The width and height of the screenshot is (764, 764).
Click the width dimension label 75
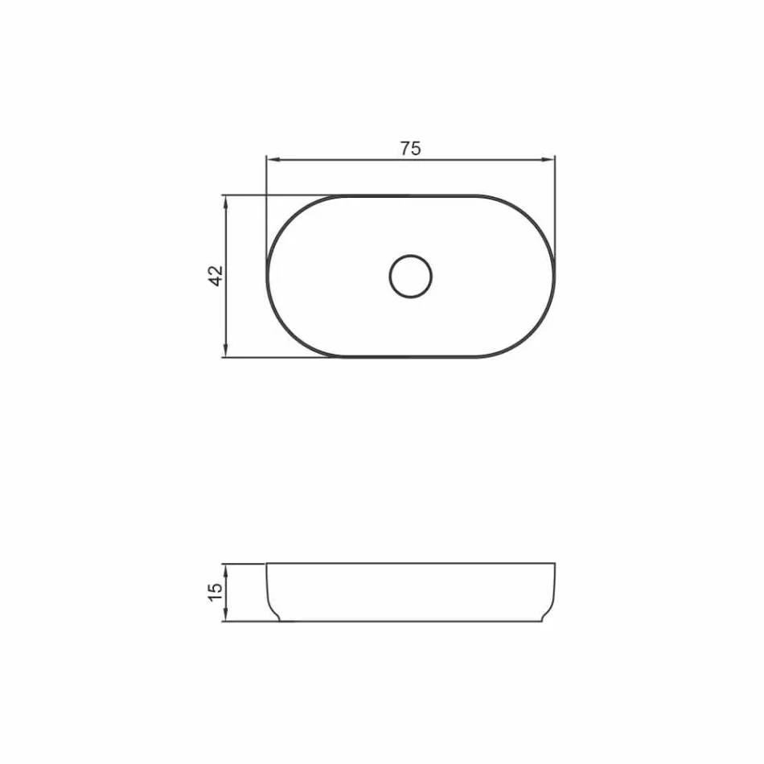click(x=410, y=148)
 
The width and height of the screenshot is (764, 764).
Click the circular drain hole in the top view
click(x=410, y=277)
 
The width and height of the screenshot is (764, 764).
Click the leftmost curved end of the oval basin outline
click(x=268, y=277)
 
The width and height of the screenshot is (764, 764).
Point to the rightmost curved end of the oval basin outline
click(x=553, y=277)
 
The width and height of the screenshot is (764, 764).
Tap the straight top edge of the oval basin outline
click(x=410, y=195)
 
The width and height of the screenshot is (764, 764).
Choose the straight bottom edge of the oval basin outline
click(x=410, y=357)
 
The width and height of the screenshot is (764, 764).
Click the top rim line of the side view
click(x=410, y=563)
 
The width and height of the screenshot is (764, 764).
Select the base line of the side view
click(x=410, y=622)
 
